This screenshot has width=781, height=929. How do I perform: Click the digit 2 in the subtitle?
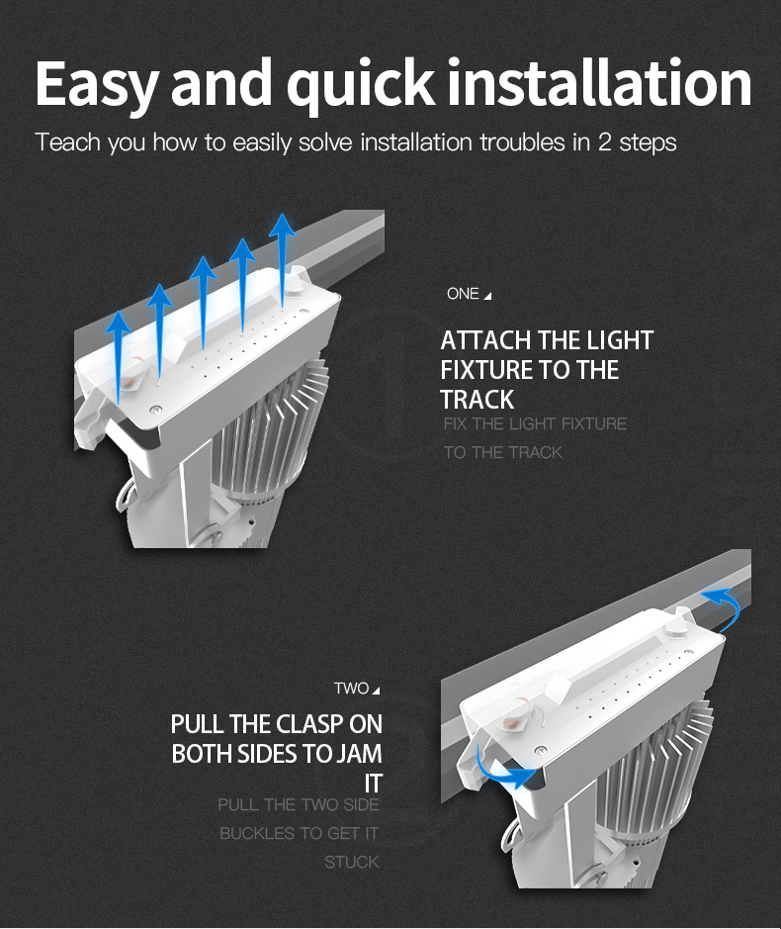(x=605, y=142)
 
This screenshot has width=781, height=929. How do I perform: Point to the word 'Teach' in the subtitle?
(x=68, y=142)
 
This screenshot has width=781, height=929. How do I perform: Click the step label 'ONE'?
(x=463, y=294)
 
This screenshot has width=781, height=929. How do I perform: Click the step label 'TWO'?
(x=351, y=689)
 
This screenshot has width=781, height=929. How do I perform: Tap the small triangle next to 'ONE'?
(x=487, y=296)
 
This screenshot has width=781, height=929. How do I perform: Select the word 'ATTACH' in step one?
(x=484, y=341)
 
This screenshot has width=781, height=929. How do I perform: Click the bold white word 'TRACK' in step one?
(x=477, y=401)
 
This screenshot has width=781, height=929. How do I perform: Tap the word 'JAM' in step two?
(x=359, y=754)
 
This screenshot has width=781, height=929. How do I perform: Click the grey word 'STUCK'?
(x=352, y=863)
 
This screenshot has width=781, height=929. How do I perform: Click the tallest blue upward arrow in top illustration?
(x=283, y=257)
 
